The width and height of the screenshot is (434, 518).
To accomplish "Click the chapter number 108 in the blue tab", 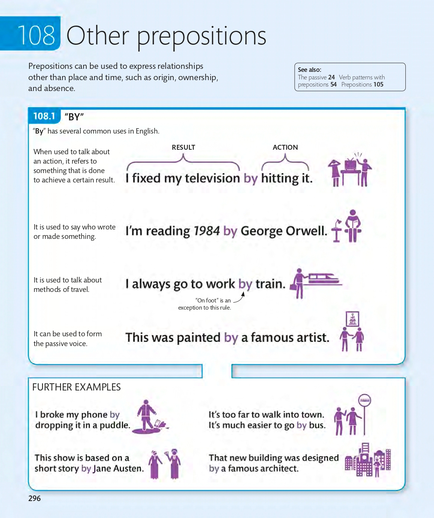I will point(36,36).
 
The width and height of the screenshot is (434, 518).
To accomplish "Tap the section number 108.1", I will point(44,116).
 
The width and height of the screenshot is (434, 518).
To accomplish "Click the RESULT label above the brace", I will point(183,147).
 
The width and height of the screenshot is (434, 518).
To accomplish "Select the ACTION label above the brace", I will point(285,147).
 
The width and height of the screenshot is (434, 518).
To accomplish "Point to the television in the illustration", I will point(350,164).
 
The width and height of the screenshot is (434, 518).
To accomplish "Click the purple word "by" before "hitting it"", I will point(251,178).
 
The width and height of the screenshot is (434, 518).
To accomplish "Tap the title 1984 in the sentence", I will point(206,231).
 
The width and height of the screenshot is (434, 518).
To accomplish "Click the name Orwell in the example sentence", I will point(305,231).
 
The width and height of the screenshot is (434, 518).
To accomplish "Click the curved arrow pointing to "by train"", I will point(240,298).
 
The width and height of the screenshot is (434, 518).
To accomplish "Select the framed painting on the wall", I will point(353,319).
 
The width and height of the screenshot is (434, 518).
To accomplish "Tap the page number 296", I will point(34,498).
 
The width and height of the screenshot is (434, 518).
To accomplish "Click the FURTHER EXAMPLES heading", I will point(76,387).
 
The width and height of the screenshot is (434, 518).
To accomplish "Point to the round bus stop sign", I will point(365,400).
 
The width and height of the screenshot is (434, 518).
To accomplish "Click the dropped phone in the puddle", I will point(161,424).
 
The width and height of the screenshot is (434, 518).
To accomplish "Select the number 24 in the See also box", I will point(331,77).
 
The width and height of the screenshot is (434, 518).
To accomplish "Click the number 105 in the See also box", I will point(378,85).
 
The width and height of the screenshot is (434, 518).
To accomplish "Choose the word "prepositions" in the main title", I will point(202,36).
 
